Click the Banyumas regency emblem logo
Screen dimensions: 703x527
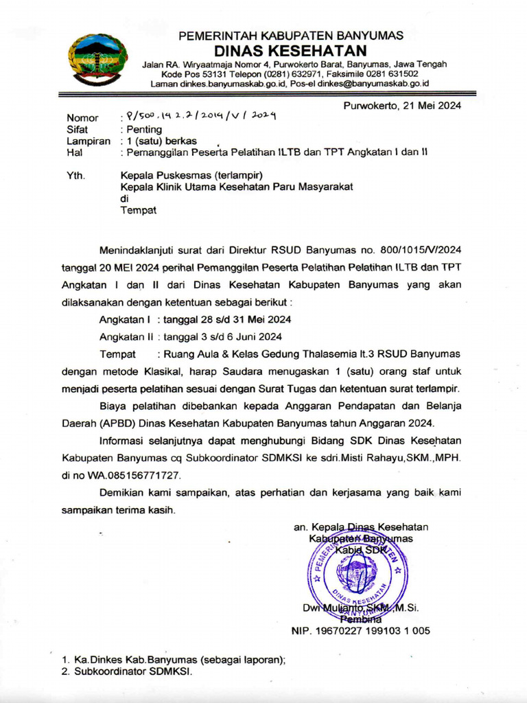(97, 60)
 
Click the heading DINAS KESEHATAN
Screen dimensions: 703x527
(290, 51)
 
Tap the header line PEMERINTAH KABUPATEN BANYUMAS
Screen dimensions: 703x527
(291, 35)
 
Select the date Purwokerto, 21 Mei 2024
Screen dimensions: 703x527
(402, 105)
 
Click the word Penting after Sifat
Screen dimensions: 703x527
(142, 129)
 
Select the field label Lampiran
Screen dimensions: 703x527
(89, 141)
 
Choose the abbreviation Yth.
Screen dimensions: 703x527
(75, 176)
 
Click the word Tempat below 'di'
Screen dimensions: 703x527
(139, 210)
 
